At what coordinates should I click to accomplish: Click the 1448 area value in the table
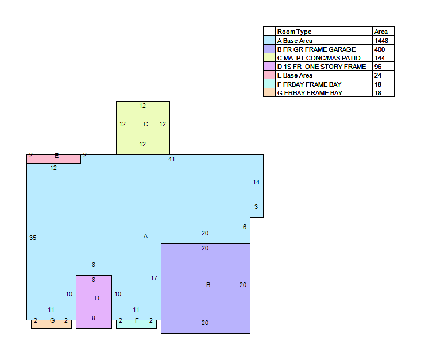click(381, 41)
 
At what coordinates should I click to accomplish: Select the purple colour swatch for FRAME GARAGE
click(269, 49)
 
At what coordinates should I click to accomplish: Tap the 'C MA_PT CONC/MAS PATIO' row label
click(319, 58)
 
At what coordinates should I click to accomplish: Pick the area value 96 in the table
click(378, 67)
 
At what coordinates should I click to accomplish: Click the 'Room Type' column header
click(294, 32)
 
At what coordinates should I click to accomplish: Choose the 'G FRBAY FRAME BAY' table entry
click(310, 93)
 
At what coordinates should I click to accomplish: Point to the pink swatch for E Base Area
click(269, 75)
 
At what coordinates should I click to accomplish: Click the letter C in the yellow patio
click(146, 124)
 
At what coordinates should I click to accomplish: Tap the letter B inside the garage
click(208, 285)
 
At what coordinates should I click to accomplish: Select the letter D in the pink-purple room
click(97, 298)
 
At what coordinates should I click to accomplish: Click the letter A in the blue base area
click(145, 236)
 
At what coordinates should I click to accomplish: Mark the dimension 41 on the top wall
click(172, 159)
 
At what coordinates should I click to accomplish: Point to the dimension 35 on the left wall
click(33, 238)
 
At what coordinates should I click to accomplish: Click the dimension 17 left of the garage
click(154, 278)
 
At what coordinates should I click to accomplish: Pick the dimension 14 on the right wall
click(256, 182)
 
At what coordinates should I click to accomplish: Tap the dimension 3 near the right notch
click(256, 207)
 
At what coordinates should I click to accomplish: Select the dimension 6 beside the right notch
click(245, 227)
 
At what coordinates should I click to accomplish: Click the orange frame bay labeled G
click(52, 324)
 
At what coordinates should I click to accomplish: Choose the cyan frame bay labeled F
click(136, 324)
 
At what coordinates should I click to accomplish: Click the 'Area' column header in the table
click(381, 32)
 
